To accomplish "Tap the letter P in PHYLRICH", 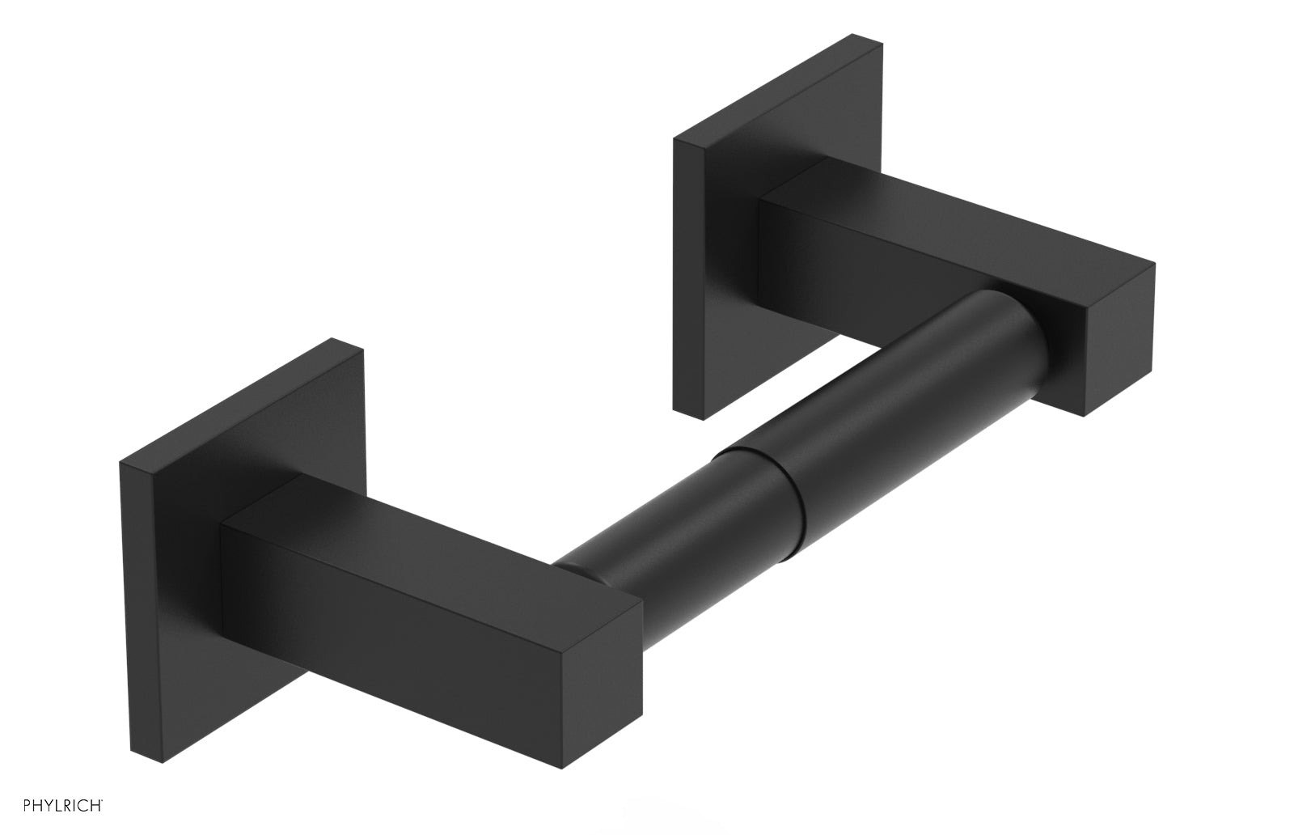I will click(x=11, y=816).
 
